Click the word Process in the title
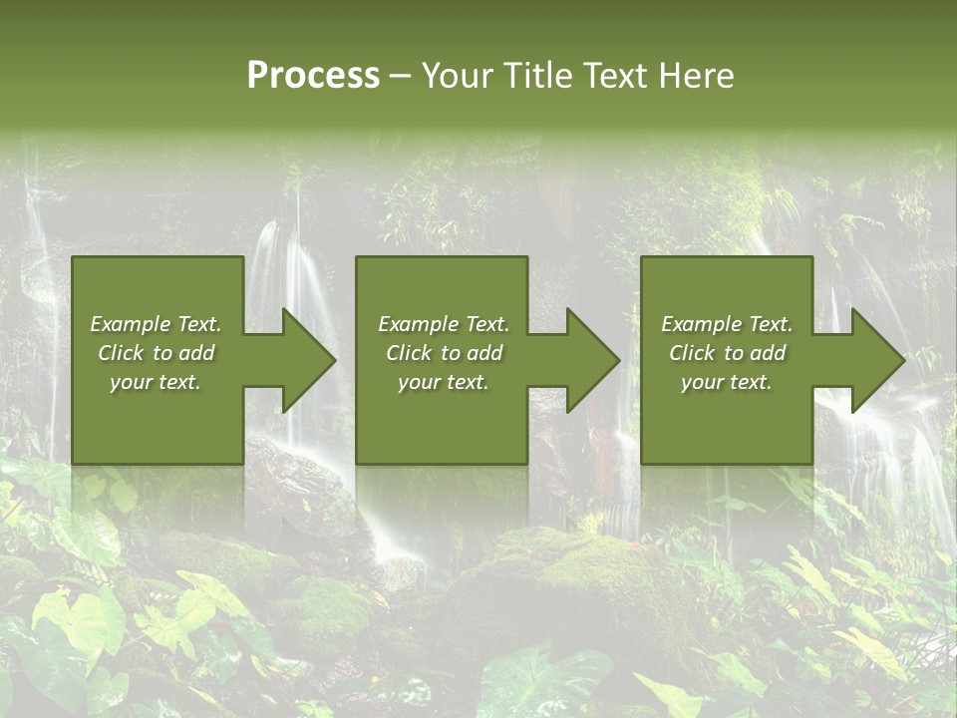(313, 76)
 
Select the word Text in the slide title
(617, 76)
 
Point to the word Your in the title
(458, 76)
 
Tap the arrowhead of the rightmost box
(877, 360)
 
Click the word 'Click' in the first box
(122, 353)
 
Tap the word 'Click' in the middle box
(410, 353)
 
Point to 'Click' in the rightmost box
(693, 353)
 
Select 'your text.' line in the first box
(157, 382)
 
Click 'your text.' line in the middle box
(444, 382)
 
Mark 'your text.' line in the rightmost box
(727, 382)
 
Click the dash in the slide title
(401, 77)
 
